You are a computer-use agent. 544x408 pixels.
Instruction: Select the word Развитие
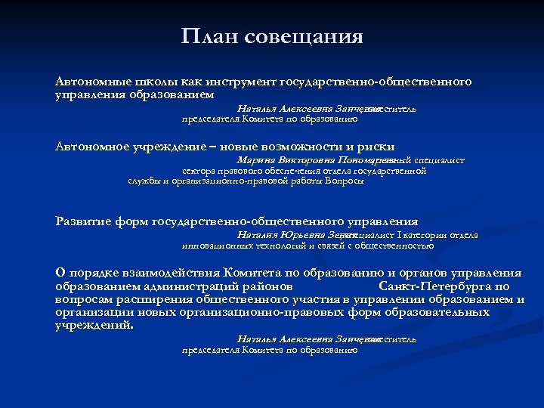(x=84, y=221)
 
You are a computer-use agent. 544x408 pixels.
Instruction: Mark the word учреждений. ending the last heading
(x=94, y=326)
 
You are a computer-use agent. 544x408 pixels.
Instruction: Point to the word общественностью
(x=394, y=246)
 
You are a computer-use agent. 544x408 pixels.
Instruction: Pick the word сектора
(x=199, y=171)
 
